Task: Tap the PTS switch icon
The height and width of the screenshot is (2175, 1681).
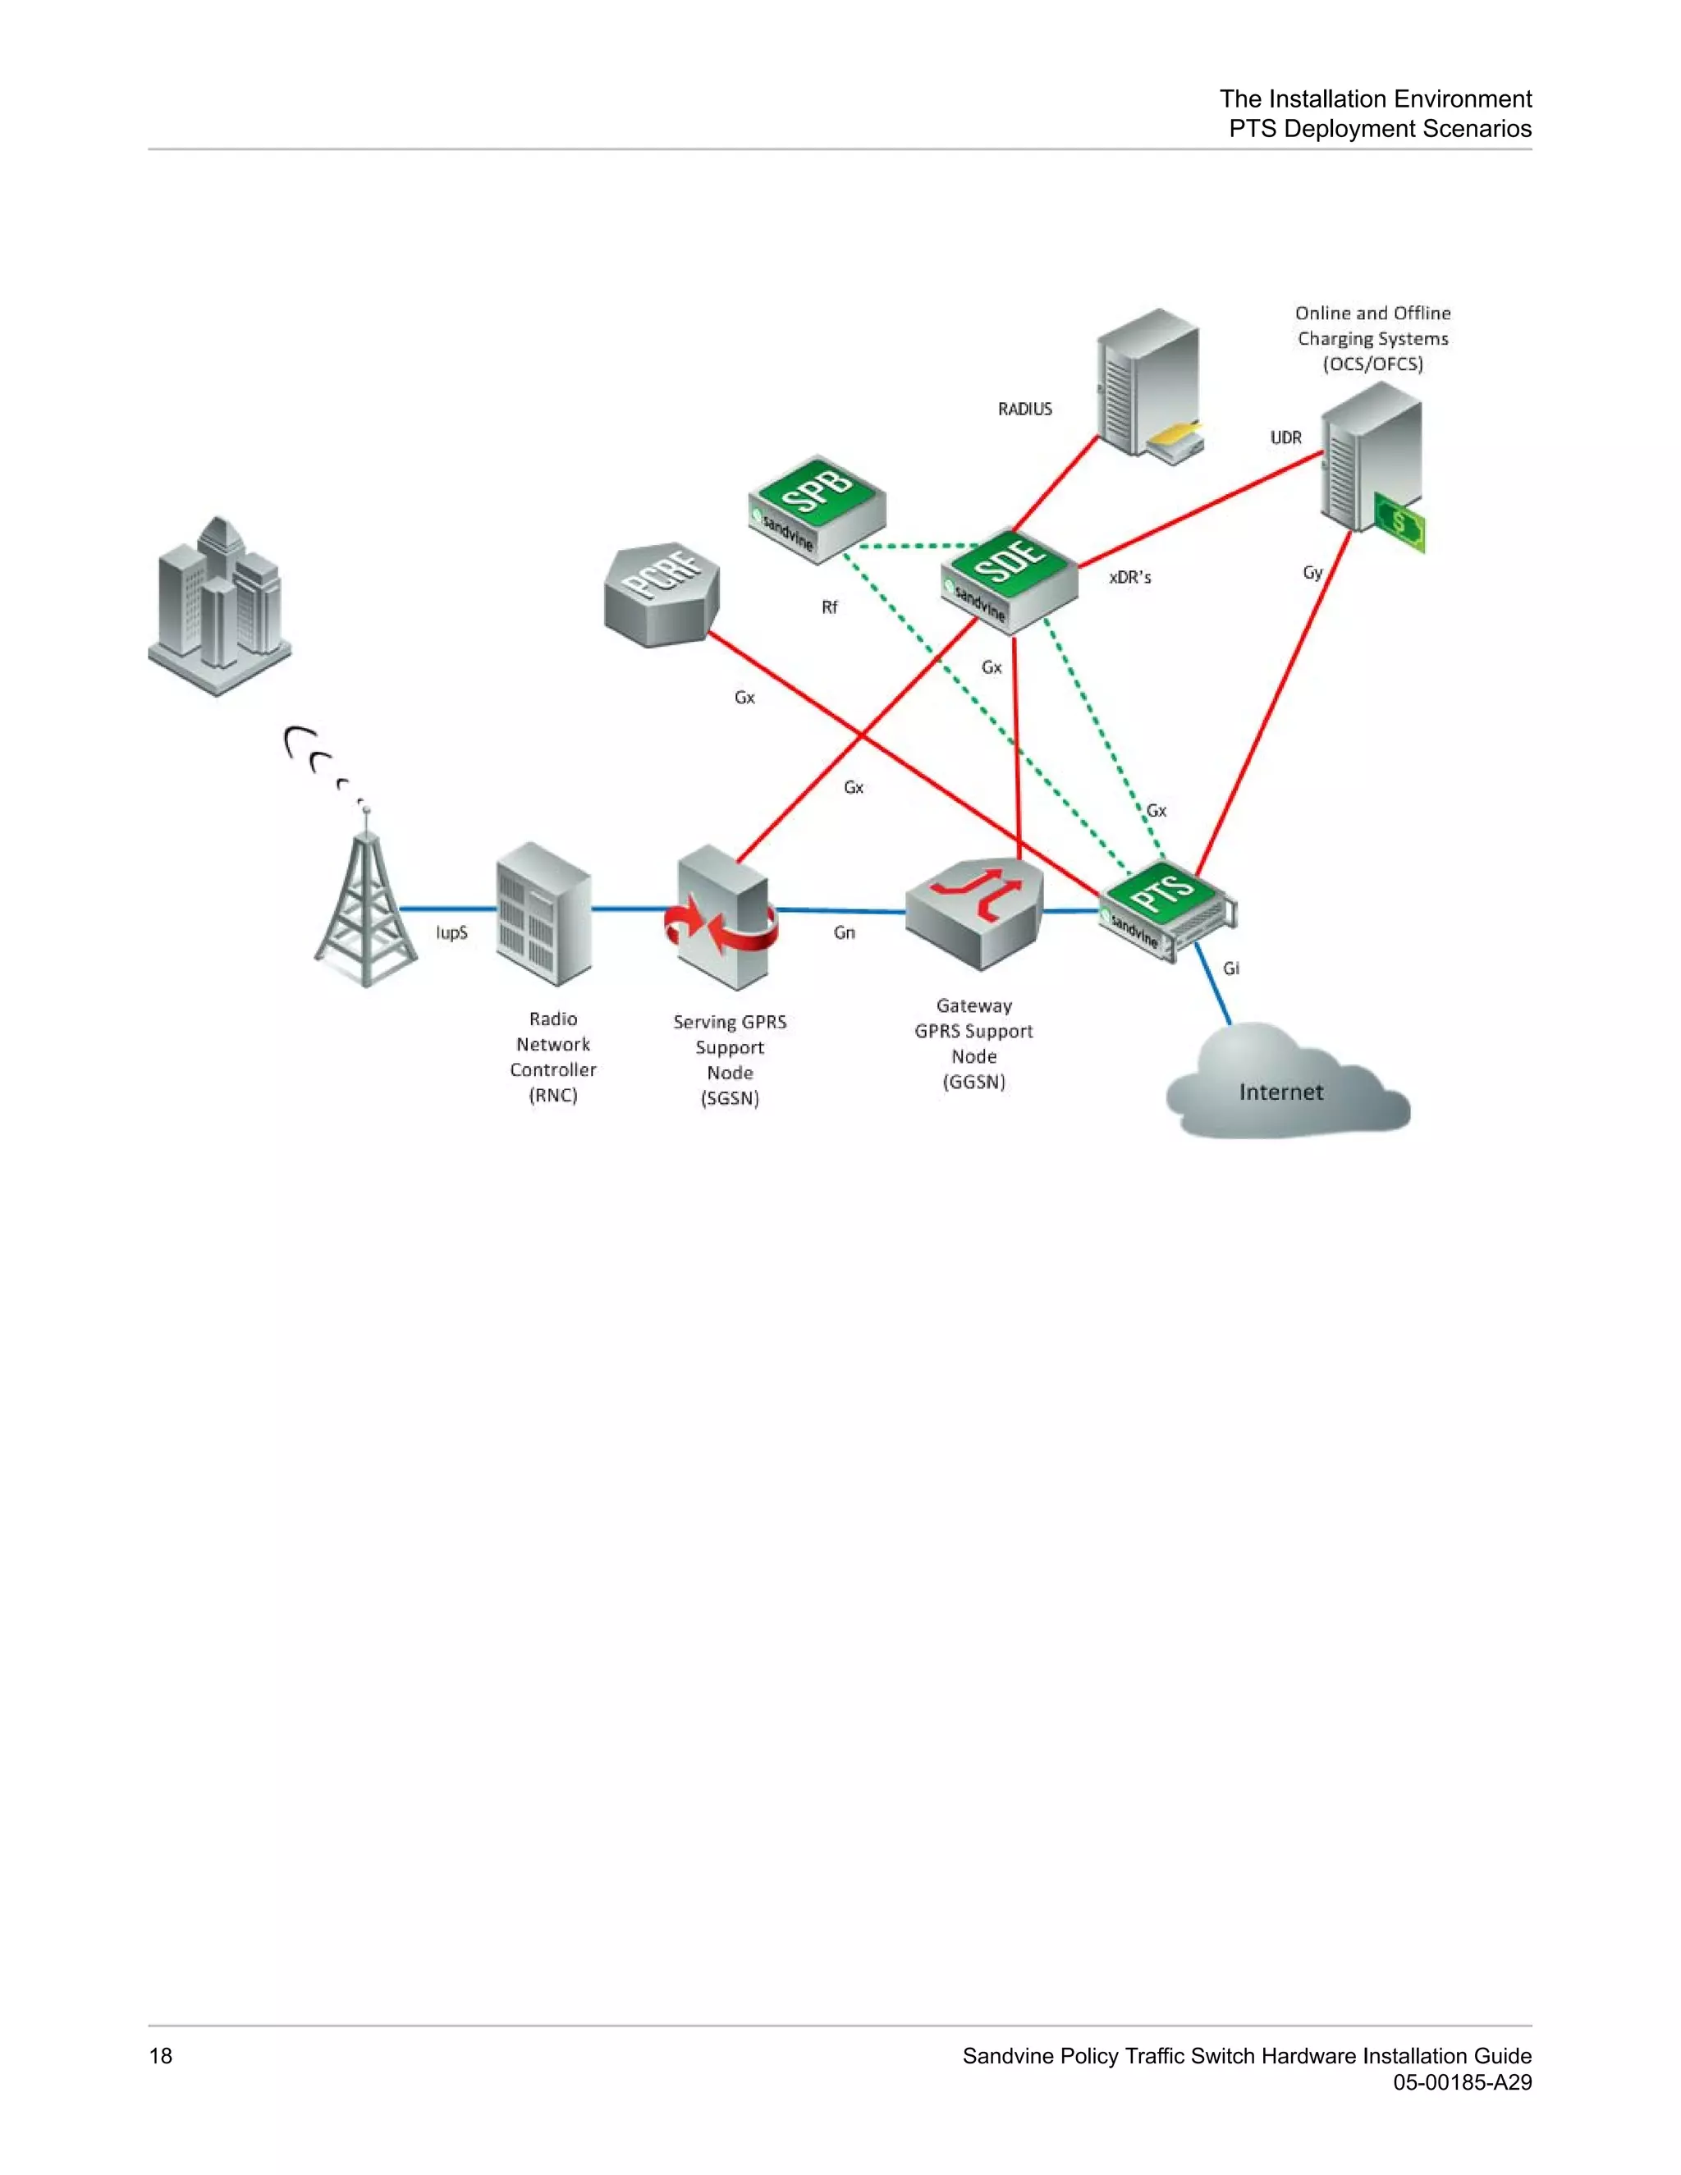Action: (1166, 907)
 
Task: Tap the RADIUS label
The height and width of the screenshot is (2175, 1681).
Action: (1024, 410)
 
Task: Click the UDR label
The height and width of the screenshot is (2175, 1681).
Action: (1285, 438)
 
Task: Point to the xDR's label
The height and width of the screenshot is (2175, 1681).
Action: (1129, 578)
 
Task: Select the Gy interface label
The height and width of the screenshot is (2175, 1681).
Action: (1312, 573)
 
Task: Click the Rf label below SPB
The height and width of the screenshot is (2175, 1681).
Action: (830, 607)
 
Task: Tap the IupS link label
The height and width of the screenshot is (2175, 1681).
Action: (451, 933)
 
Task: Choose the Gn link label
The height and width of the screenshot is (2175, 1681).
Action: (845, 933)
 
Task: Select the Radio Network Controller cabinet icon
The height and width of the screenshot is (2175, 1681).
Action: (543, 913)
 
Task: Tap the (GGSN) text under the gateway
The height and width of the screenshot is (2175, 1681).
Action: (974, 1083)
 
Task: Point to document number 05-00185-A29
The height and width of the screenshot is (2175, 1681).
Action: (1461, 2082)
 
